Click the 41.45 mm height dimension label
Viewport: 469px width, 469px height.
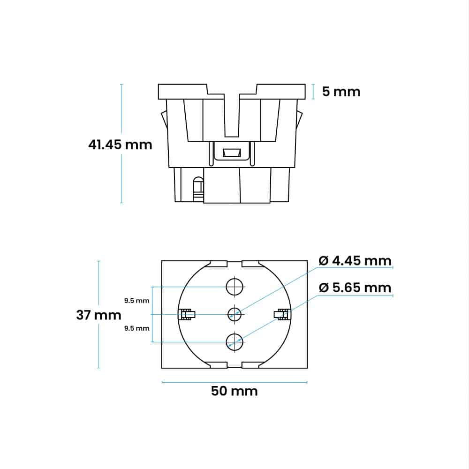coord(120,144)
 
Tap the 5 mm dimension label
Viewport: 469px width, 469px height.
coord(341,91)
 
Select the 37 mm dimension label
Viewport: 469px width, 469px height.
coord(98,315)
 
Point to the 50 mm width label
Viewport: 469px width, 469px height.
coord(234,391)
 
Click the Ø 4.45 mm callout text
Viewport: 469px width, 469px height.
coord(355,260)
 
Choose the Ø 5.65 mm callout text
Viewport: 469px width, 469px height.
coord(355,287)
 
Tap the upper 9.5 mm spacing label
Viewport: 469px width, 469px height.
coord(136,301)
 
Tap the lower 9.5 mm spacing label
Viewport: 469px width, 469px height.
coord(136,328)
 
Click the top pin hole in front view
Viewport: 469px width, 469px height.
coord(234,286)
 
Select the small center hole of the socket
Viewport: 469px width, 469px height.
coord(234,314)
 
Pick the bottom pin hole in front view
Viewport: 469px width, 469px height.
coord(234,341)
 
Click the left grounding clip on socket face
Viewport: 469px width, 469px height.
coord(188,314)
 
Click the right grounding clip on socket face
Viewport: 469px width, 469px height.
coord(281,314)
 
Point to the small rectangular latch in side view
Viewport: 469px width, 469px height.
coord(232,153)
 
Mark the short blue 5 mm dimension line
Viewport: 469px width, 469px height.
coord(313,91)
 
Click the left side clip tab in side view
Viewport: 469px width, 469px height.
coord(163,120)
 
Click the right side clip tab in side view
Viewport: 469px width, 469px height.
coord(299,120)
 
